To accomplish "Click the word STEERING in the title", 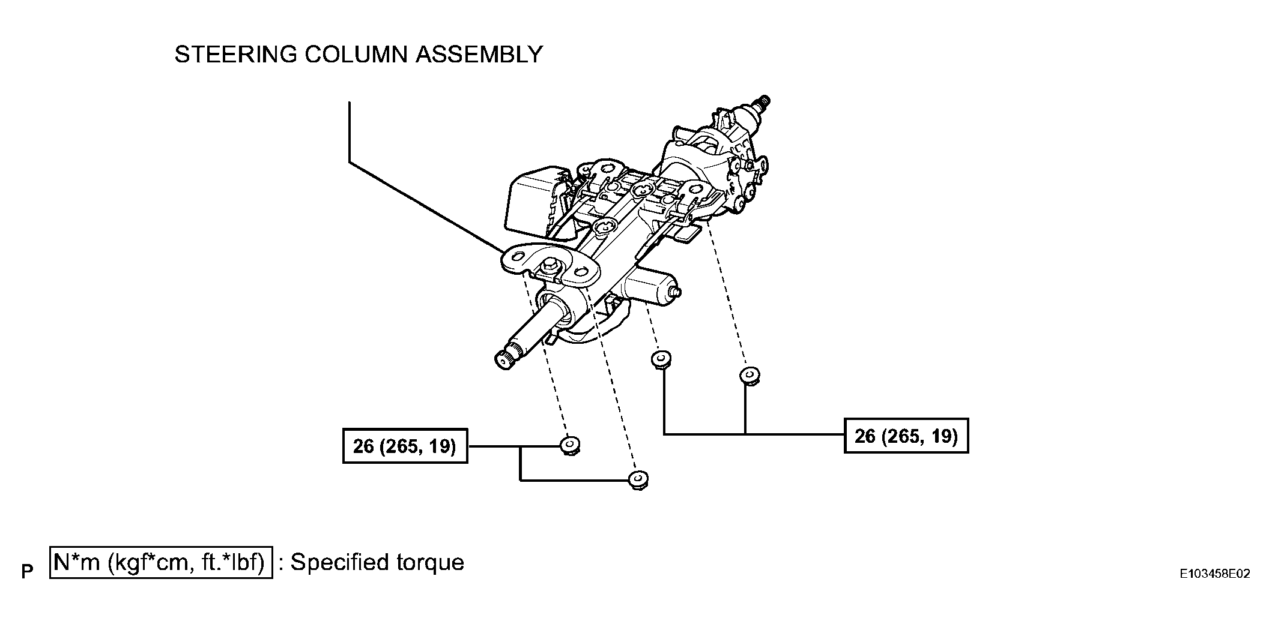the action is tap(236, 55).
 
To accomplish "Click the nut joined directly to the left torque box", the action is tap(569, 446).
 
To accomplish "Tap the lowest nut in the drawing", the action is tap(638, 480).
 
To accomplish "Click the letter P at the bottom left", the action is tap(27, 572).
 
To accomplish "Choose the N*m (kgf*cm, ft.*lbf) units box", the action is tap(161, 562).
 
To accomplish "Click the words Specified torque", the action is tap(377, 562).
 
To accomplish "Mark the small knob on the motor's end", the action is tap(677, 292).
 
